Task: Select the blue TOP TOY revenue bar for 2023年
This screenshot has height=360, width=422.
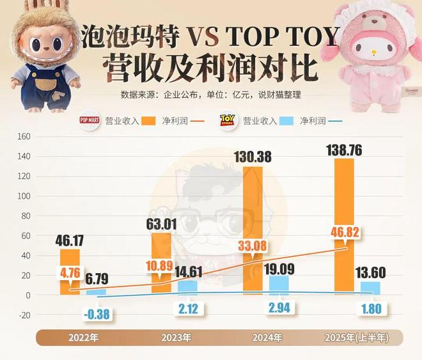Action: tap(187, 287)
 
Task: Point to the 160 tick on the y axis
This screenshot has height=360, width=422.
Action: tap(24, 136)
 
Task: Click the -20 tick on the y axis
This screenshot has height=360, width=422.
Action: tap(24, 315)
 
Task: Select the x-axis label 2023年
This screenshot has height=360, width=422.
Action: tap(176, 337)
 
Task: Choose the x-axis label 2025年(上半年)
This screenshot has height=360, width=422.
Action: tap(360, 337)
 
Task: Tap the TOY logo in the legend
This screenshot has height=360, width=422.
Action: tap(228, 120)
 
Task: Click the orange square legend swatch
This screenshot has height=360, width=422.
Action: tap(150, 120)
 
